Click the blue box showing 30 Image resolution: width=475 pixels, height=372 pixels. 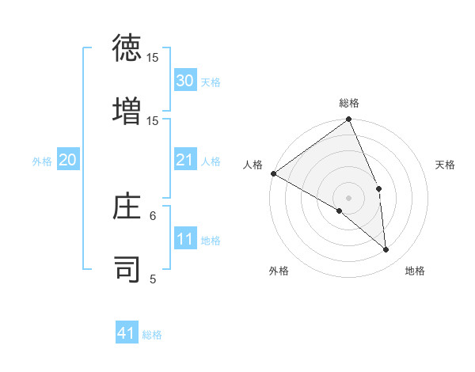point(185,80)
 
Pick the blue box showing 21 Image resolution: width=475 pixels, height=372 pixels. point(185,160)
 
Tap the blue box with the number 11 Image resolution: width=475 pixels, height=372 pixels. point(185,240)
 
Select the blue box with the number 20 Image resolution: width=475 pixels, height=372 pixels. point(67,160)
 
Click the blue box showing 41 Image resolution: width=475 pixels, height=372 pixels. point(127,333)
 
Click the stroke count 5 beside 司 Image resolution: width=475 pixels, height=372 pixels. point(153,279)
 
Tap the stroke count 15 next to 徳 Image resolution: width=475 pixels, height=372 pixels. point(153,58)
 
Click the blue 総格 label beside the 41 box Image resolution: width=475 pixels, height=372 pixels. point(152,335)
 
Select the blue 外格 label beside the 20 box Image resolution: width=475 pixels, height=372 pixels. point(42,161)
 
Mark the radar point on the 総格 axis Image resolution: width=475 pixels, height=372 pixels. point(348,120)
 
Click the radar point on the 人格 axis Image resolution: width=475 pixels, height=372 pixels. point(273,173)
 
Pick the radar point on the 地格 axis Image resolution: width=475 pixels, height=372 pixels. point(386,249)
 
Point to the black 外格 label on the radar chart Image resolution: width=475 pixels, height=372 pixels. point(279,271)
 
